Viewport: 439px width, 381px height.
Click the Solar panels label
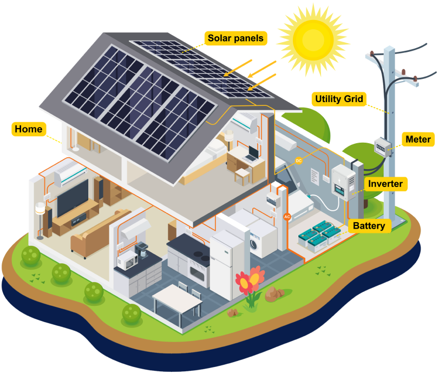235,38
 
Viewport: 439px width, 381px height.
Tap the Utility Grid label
339,99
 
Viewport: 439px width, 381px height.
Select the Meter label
418,139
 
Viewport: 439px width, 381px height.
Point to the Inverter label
385,184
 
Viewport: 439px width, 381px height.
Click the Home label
28,129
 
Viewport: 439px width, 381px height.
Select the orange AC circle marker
287,217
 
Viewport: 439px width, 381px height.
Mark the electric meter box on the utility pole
383,146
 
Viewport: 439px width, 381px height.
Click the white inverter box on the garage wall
343,183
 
